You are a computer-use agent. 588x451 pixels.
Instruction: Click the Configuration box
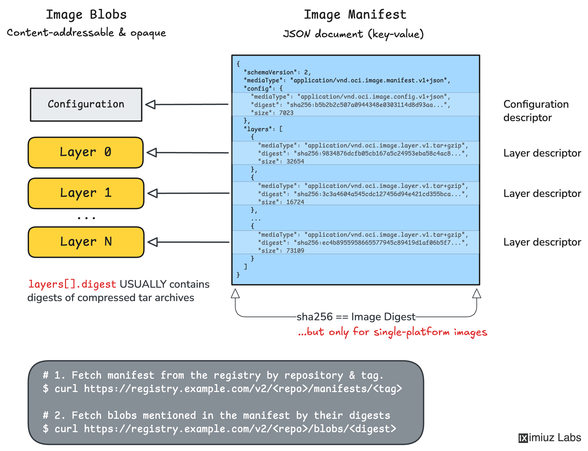pyautogui.click(x=86, y=104)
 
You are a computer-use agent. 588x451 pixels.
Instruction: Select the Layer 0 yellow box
pyautogui.click(x=85, y=153)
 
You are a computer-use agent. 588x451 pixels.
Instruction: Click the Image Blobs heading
pyautogui.click(x=86, y=14)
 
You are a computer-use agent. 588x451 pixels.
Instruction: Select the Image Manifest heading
pyautogui.click(x=355, y=14)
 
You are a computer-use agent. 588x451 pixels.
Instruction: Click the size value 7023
pyautogui.click(x=286, y=113)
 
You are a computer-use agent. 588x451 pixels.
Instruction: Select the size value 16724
pyautogui.click(x=295, y=202)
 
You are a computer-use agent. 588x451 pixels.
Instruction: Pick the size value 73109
pyautogui.click(x=295, y=251)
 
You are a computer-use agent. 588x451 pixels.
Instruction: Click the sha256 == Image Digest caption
pyautogui.click(x=356, y=317)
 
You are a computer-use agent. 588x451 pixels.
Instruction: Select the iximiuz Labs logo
pyautogui.click(x=549, y=438)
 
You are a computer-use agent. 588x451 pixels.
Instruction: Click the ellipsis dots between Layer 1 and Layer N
pyautogui.click(x=86, y=218)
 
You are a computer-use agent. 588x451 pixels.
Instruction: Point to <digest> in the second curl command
pyautogui.click(x=372, y=429)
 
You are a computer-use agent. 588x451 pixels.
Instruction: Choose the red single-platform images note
pyautogui.click(x=392, y=332)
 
